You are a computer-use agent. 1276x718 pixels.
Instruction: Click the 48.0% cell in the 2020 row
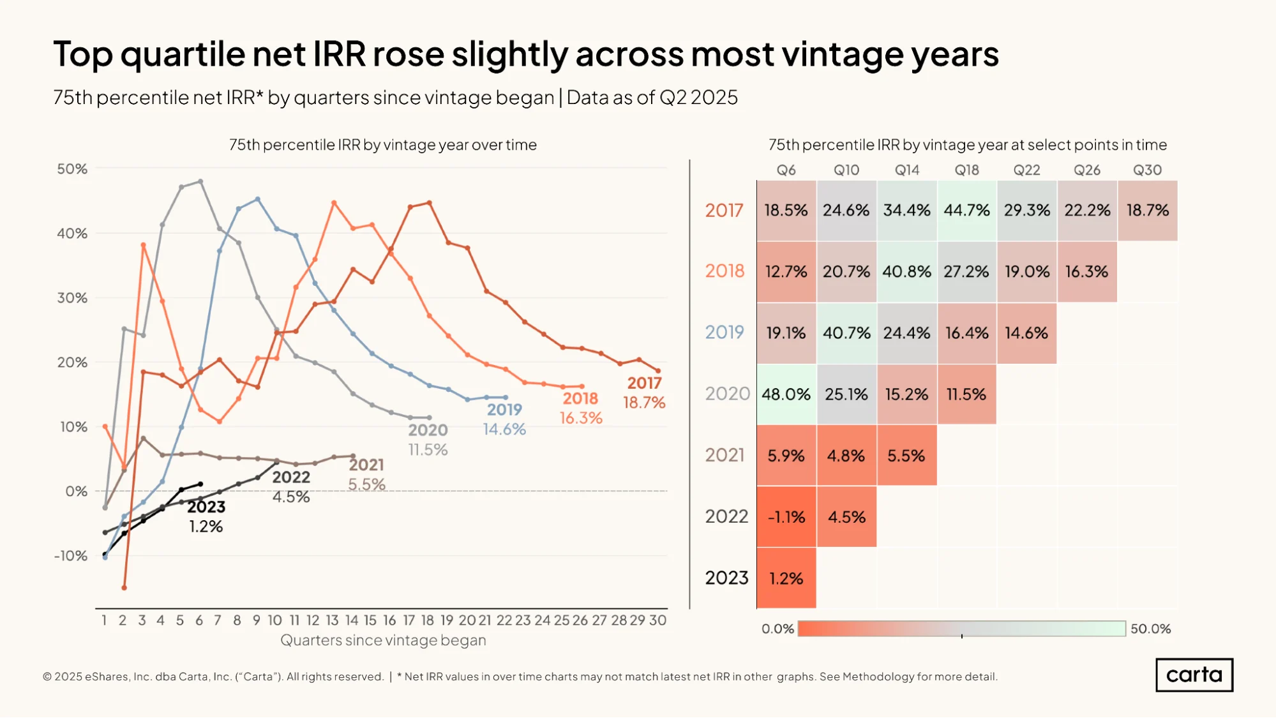tap(786, 394)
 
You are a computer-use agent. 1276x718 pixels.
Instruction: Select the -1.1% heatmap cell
tap(786, 517)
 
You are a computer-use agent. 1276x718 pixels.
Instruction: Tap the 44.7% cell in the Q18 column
tap(966, 211)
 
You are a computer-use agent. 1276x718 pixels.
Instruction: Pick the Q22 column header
tap(1026, 170)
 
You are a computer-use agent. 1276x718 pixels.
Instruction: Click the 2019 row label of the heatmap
tap(724, 333)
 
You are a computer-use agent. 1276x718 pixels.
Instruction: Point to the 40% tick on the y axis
tap(72, 234)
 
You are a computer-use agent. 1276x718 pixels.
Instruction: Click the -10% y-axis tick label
tap(71, 556)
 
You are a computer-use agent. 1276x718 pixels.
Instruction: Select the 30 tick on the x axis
tap(658, 620)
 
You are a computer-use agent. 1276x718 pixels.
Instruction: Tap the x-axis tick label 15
tap(370, 620)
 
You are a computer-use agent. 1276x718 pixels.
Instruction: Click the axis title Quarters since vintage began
tap(383, 640)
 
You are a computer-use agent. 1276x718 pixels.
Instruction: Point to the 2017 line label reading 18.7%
tap(644, 403)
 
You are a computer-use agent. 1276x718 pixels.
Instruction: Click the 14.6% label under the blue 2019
tap(504, 430)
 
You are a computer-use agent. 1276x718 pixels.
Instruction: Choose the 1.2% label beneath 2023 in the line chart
tap(206, 527)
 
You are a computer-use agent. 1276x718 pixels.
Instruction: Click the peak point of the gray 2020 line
tap(200, 181)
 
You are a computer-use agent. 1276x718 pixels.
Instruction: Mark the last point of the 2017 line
tap(658, 371)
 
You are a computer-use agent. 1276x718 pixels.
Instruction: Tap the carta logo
tap(1194, 675)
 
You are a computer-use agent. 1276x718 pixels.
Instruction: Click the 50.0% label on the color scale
tap(1151, 629)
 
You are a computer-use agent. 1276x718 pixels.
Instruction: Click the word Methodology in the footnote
tap(878, 677)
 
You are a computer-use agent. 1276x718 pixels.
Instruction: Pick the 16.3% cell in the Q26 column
tap(1087, 272)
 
